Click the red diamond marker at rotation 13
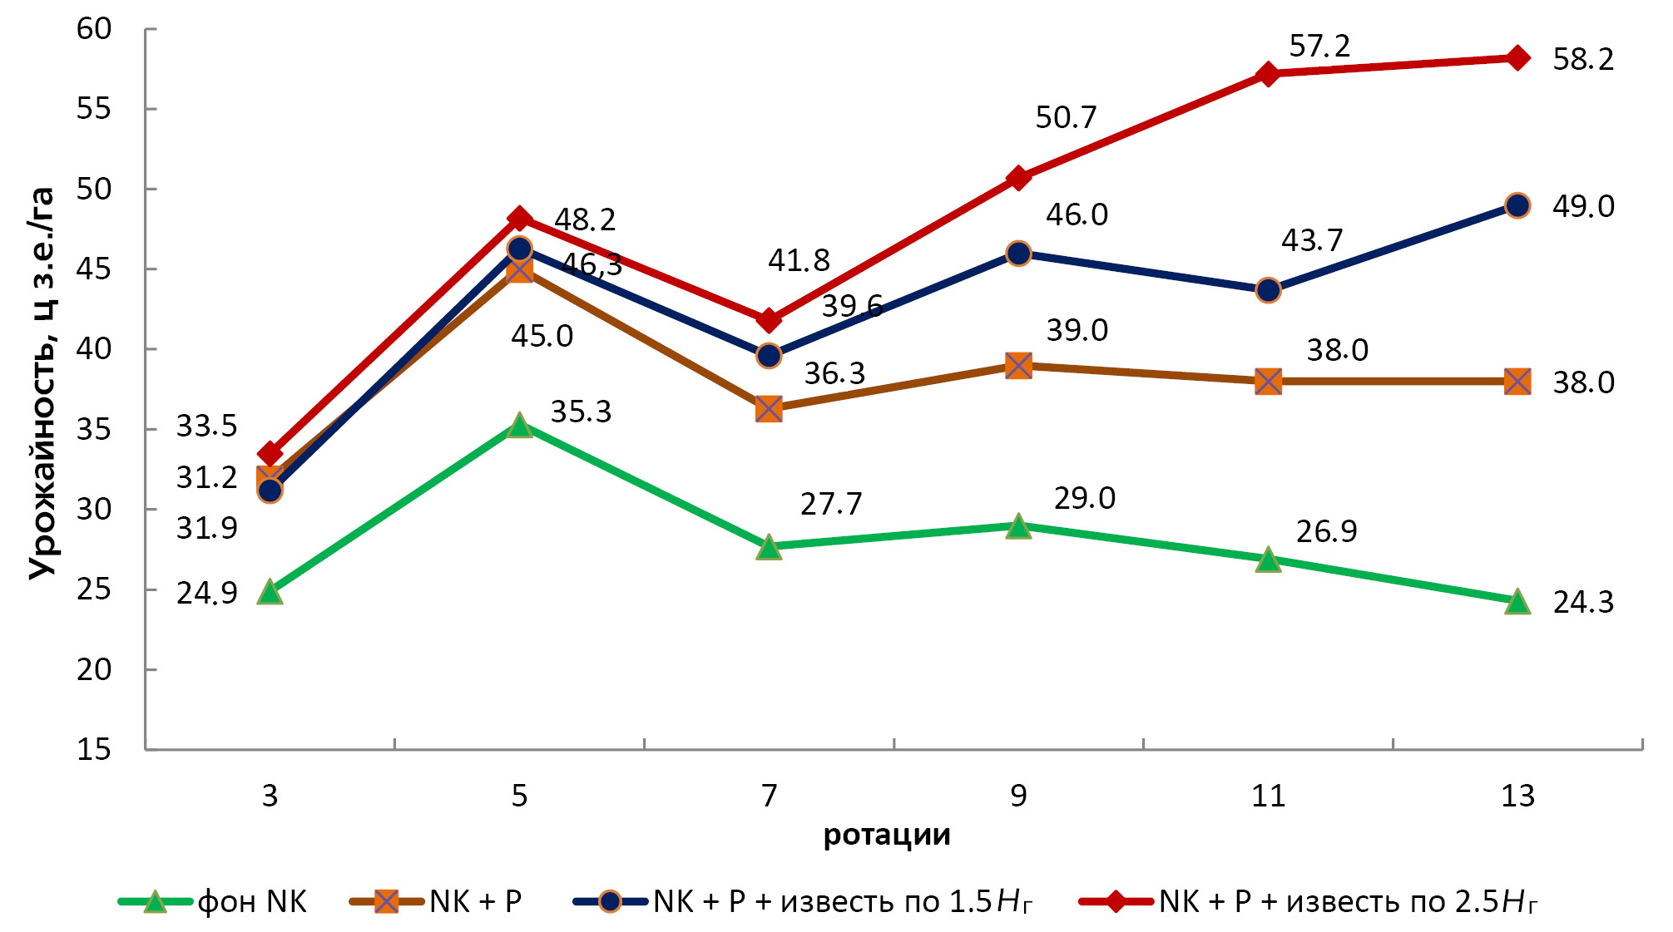(x=1517, y=58)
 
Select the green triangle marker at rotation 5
(x=519, y=426)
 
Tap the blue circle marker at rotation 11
(x=1268, y=291)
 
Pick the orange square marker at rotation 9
(x=1018, y=366)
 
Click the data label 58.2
(x=1583, y=60)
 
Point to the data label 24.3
(x=1583, y=603)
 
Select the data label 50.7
(x=1066, y=118)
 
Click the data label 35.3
(x=581, y=412)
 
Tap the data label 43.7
(x=1312, y=241)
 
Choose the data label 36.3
(x=834, y=374)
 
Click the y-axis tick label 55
(x=94, y=109)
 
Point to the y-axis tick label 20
(x=94, y=669)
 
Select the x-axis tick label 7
(x=769, y=796)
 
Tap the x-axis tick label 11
(x=1268, y=796)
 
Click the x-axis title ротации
(x=887, y=835)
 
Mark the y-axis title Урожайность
(x=42, y=382)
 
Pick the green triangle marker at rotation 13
(x=1517, y=602)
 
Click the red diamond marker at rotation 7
(x=769, y=320)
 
